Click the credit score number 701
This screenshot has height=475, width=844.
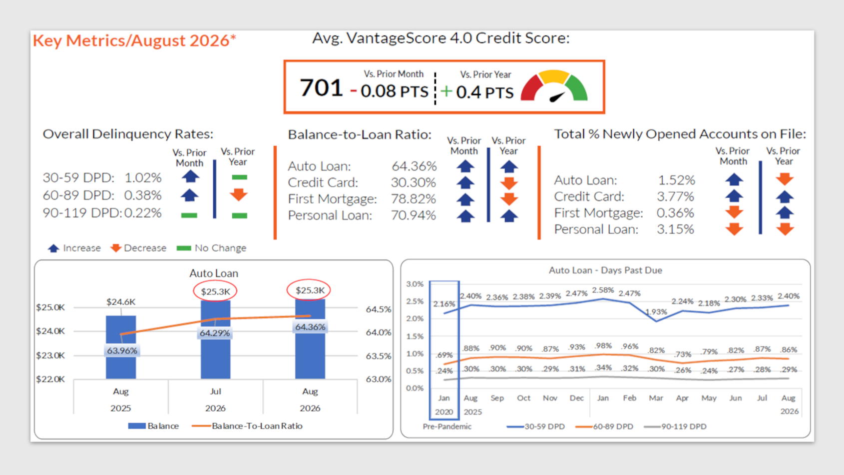(321, 87)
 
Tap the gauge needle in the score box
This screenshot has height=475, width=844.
(557, 97)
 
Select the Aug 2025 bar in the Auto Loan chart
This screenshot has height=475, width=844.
(121, 347)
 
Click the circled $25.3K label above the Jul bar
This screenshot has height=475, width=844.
(215, 291)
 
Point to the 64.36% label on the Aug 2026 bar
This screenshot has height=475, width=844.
(310, 326)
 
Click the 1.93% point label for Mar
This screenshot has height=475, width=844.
(656, 312)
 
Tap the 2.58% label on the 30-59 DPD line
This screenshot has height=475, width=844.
(603, 290)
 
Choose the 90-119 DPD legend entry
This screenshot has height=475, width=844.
(675, 426)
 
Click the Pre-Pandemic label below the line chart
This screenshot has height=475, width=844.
(447, 426)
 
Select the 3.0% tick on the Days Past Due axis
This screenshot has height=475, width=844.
(415, 283)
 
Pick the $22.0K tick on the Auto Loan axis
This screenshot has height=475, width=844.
(50, 379)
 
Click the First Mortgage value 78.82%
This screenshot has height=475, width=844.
(414, 199)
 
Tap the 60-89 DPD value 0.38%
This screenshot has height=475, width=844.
(143, 195)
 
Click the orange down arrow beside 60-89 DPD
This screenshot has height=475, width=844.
(239, 194)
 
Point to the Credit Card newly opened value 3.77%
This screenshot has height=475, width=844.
(675, 196)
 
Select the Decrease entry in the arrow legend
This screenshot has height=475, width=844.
(138, 248)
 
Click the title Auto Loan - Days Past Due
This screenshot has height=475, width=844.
(605, 270)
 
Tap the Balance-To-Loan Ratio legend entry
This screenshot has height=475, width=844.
(247, 426)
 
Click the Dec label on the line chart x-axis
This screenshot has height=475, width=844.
(576, 398)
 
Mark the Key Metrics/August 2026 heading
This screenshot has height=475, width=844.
(134, 40)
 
